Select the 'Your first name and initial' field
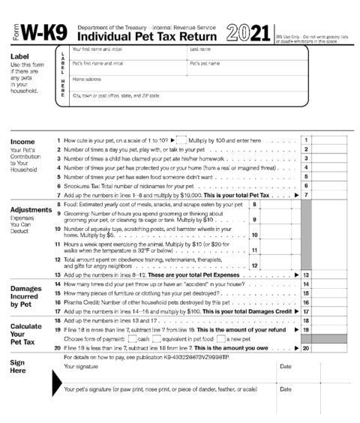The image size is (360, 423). pos(127,53)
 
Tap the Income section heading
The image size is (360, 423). pos(23,141)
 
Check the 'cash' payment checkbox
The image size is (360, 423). pos(132,339)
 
